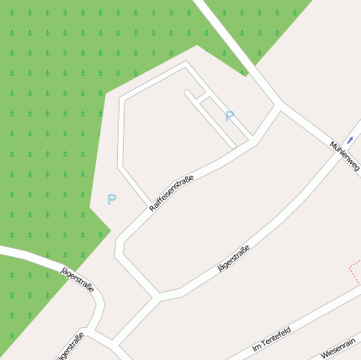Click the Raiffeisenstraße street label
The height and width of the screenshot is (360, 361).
click(x=172, y=193)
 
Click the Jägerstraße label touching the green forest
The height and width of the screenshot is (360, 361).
click(x=77, y=280)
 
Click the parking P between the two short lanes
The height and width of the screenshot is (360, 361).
click(x=230, y=116)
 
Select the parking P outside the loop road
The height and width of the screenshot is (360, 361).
click(x=111, y=200)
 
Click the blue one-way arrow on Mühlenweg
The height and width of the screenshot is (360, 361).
click(x=350, y=140)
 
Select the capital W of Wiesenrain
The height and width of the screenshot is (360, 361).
click(x=324, y=355)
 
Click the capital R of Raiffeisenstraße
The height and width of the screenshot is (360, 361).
click(x=152, y=207)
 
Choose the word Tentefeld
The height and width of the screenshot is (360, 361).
click(x=275, y=337)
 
